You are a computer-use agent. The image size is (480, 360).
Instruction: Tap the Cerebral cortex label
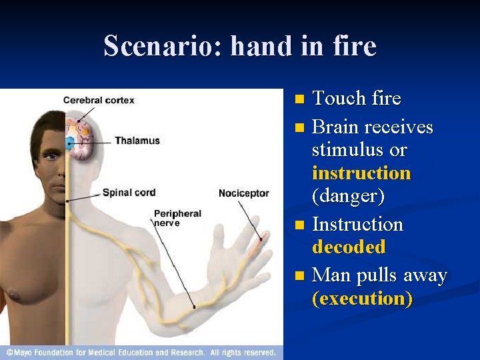tap(99, 101)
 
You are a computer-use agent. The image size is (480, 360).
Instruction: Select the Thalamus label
tap(137, 141)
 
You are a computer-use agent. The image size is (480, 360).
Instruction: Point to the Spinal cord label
tap(129, 193)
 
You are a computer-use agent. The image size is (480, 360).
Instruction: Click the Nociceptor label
tap(244, 193)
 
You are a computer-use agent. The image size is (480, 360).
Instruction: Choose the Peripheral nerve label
tap(177, 218)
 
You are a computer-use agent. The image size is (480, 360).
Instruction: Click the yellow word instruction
tap(361, 173)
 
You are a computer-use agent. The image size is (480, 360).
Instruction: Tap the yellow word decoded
tap(349, 247)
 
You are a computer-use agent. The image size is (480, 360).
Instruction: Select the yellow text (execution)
tap(362, 299)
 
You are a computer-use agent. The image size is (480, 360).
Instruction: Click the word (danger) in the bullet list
tap(347, 197)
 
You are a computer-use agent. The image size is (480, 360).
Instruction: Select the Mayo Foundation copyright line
tap(141, 352)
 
